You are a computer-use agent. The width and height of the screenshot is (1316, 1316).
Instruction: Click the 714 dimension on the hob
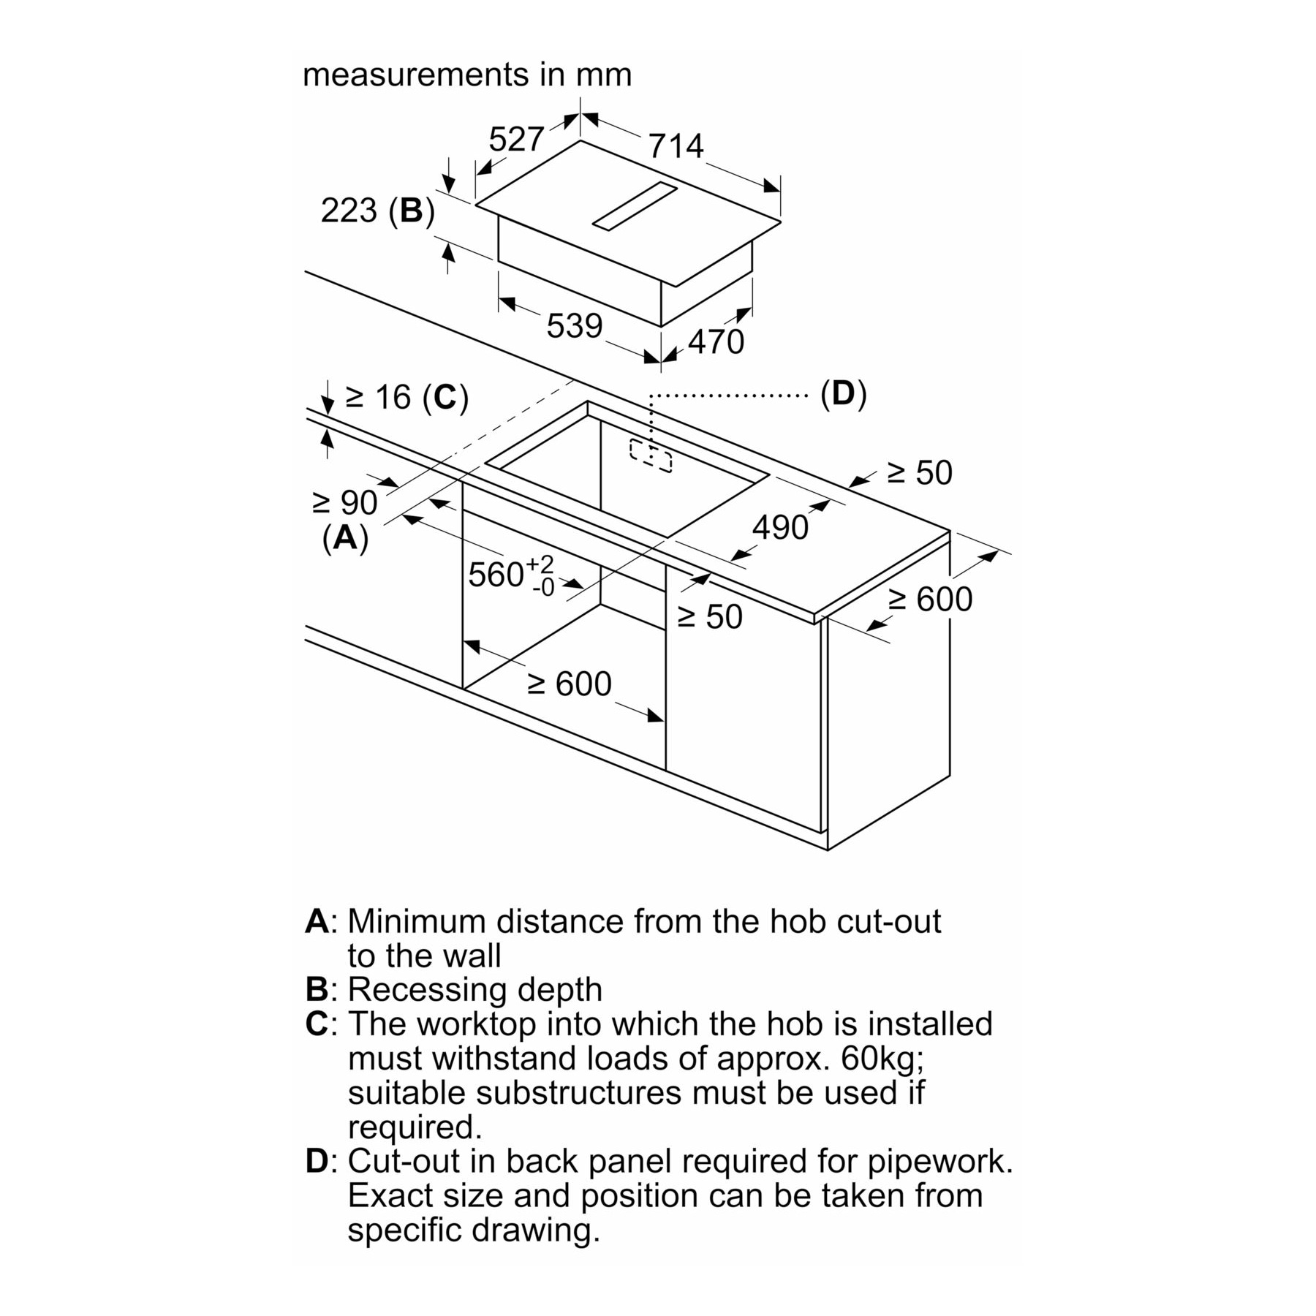(676, 146)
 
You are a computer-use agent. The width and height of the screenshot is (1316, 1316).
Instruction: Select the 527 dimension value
(516, 139)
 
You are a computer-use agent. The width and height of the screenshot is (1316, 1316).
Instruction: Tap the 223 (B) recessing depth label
(378, 211)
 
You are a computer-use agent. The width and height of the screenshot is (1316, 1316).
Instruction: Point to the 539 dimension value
(575, 326)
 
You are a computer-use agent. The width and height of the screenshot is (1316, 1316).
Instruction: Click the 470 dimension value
(716, 342)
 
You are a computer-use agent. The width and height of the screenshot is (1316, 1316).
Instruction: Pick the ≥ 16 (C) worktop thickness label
(406, 398)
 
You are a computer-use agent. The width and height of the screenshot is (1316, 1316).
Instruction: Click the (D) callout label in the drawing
(843, 394)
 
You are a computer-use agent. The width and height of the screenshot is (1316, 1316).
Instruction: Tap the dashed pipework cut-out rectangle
(651, 456)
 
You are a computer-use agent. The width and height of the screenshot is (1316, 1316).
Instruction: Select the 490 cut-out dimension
(780, 528)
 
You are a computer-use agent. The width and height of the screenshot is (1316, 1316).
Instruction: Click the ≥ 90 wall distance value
(345, 503)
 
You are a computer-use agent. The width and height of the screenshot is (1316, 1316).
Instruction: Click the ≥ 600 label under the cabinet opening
(570, 684)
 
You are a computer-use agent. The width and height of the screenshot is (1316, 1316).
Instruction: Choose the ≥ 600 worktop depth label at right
(931, 600)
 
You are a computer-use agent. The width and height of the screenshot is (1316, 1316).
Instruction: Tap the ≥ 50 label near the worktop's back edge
(920, 473)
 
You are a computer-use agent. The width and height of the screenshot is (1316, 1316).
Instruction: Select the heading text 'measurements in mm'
(467, 75)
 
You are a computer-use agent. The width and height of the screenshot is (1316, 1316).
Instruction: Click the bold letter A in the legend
(317, 921)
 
